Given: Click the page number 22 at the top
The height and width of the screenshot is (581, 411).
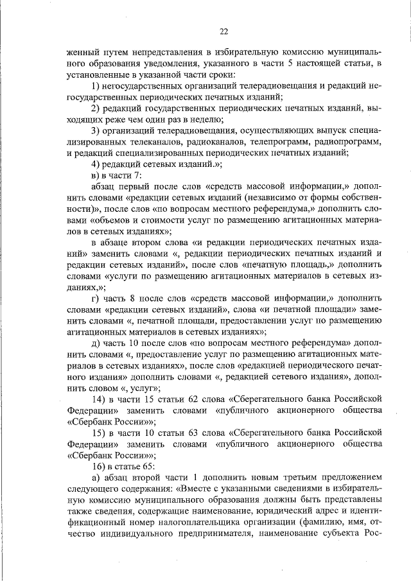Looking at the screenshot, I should tap(223, 31).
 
